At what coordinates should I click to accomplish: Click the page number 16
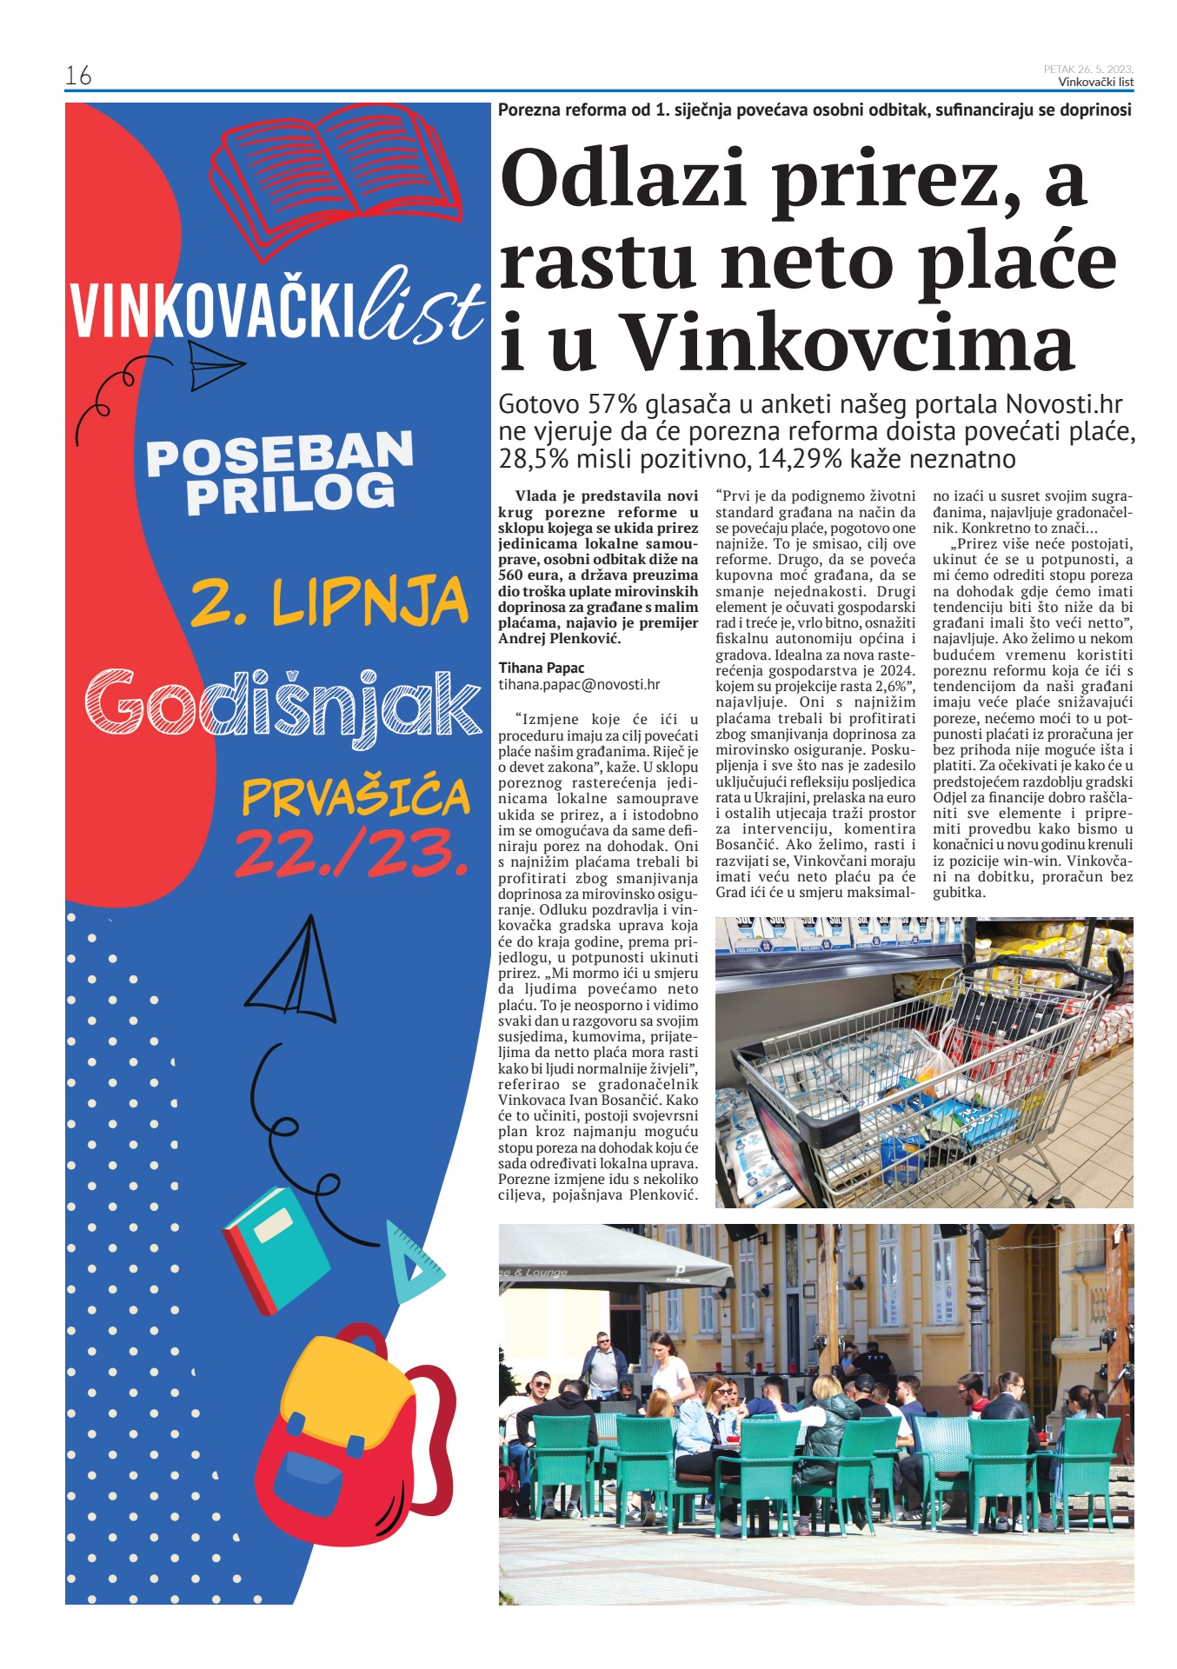78,76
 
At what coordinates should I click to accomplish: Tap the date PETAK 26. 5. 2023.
1088,70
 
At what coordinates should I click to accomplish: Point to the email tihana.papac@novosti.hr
579,684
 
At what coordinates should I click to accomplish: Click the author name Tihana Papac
541,668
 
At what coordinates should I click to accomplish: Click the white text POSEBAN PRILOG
280,473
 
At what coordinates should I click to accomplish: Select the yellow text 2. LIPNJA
329,602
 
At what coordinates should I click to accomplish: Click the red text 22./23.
351,854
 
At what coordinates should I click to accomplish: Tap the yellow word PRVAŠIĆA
356,797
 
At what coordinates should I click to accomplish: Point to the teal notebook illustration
276,1249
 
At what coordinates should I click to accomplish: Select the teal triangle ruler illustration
414,1261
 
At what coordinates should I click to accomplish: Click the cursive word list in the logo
421,306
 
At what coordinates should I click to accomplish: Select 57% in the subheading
613,405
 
